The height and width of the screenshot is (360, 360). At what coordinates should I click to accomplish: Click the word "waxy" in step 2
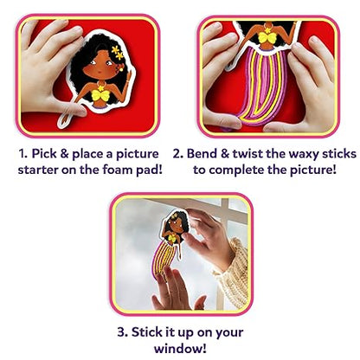[x=304, y=154]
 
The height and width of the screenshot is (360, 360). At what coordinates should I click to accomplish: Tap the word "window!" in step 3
[x=180, y=348]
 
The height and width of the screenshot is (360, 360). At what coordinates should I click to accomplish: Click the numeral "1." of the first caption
[x=23, y=154]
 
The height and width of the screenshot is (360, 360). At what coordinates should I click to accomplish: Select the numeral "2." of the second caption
[x=178, y=154]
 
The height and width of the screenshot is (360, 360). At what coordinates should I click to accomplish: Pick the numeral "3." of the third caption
[x=123, y=332]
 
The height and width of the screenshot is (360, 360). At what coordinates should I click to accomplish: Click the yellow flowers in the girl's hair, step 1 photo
[x=118, y=52]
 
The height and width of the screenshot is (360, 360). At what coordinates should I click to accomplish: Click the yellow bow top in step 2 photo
[x=267, y=37]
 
